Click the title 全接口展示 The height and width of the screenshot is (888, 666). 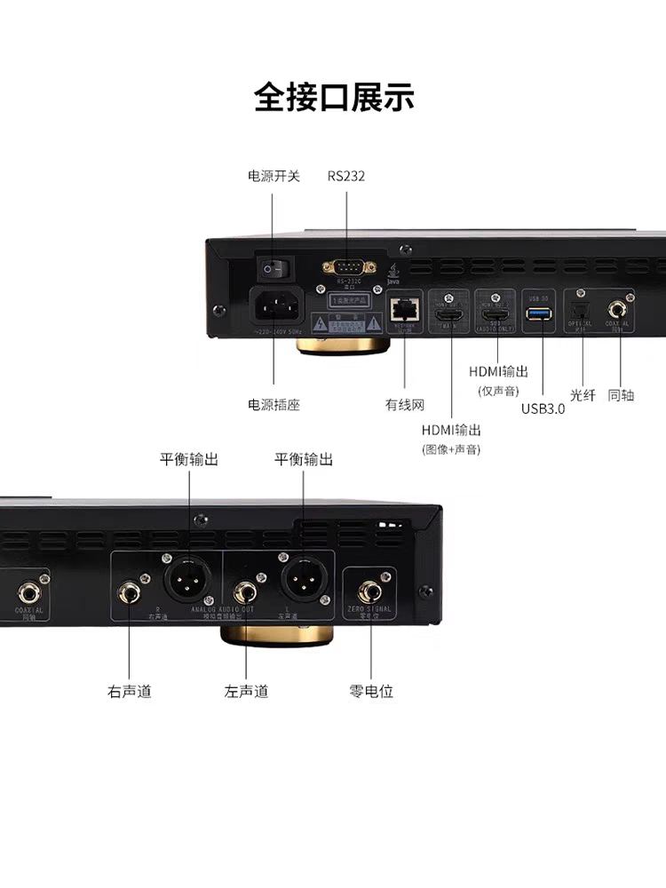tap(333, 97)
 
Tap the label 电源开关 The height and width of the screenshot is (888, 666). tap(274, 176)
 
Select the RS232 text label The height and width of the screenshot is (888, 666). tap(345, 176)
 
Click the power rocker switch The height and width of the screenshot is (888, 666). tap(274, 265)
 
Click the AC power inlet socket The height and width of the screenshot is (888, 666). tap(274, 307)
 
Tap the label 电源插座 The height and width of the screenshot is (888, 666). tap(274, 405)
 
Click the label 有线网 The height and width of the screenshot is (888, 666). tap(405, 405)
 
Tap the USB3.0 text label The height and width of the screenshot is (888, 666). tap(543, 409)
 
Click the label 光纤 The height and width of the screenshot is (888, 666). tap(583, 395)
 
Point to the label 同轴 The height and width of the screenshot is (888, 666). tap(622, 395)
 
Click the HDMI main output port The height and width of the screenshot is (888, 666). tap(449, 313)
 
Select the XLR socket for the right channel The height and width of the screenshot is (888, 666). tap(188, 582)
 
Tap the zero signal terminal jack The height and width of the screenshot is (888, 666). tap(369, 591)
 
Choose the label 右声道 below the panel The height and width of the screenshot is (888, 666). tap(130, 691)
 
